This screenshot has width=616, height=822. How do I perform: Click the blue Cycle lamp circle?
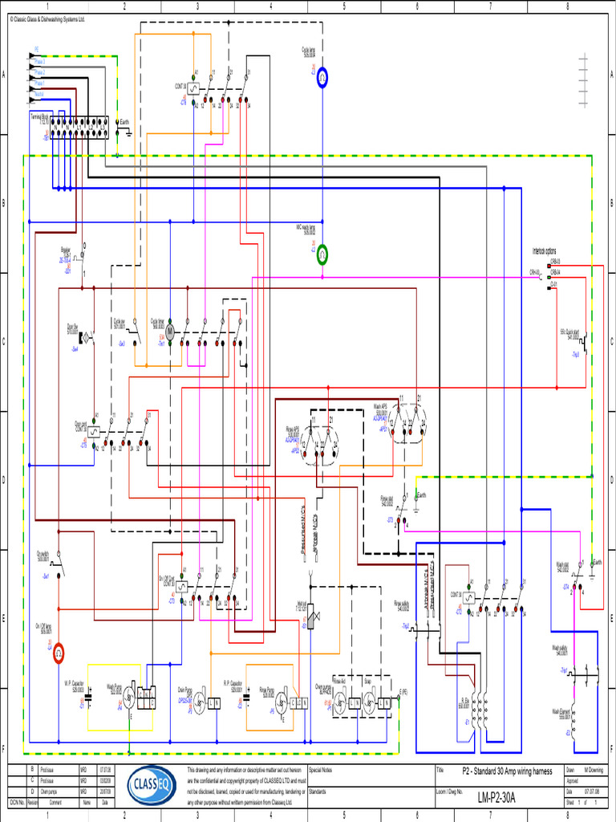322,77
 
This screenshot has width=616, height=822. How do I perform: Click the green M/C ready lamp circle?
322,254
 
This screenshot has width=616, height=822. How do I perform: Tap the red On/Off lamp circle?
59,654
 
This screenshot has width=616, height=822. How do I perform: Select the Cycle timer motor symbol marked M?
169,332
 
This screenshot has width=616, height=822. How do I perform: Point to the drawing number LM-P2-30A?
497,798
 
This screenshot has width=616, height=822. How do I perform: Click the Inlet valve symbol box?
311,615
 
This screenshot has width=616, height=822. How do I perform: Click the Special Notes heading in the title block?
321,769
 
